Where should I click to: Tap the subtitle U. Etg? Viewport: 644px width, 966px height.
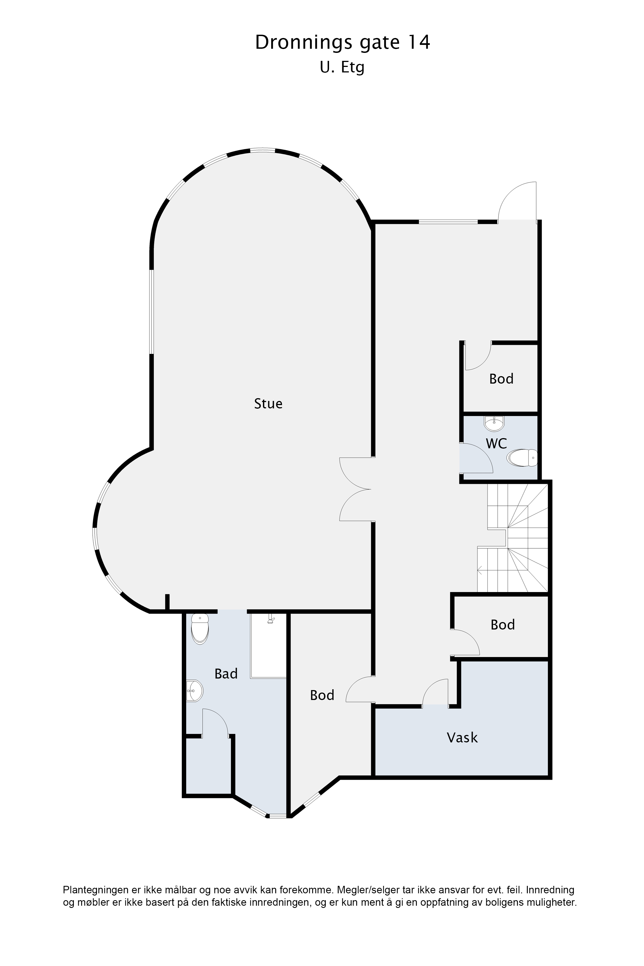tap(342, 68)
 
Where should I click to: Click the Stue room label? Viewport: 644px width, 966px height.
tap(268, 404)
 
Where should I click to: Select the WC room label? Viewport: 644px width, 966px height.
tap(496, 444)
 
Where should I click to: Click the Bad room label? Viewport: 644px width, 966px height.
tap(226, 674)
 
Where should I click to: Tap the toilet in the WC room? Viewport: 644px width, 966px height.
tap(522, 458)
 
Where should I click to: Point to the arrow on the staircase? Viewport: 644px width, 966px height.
tap(480, 569)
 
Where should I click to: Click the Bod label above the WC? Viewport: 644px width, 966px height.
tap(501, 379)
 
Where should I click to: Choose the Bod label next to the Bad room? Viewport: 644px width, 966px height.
tap(322, 695)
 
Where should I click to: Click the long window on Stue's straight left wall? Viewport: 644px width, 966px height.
tap(151, 311)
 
